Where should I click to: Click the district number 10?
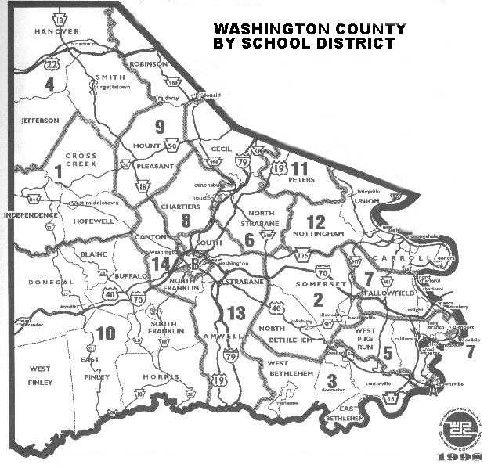coord(106,333)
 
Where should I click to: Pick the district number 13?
coord(236,313)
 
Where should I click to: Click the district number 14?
coord(161,265)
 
